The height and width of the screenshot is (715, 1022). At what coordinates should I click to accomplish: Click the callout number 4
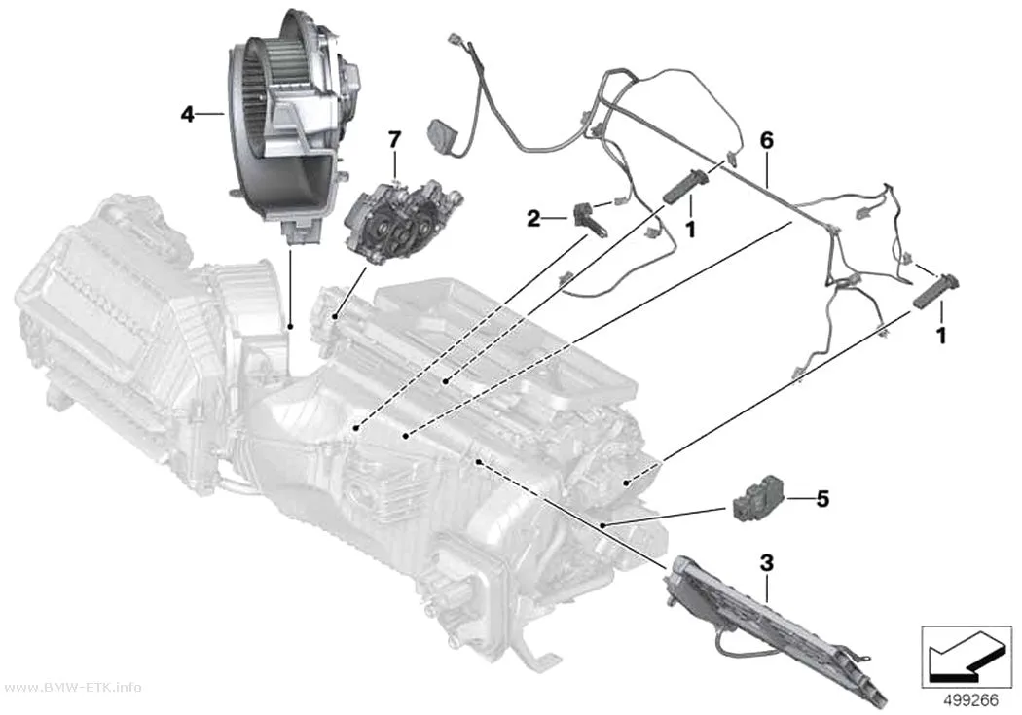(188, 115)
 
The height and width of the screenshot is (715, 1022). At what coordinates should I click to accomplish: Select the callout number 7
(394, 139)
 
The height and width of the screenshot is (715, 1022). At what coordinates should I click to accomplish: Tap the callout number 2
(533, 219)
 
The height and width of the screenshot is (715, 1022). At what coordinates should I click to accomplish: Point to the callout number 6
(767, 140)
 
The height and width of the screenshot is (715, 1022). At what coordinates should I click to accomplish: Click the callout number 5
(822, 499)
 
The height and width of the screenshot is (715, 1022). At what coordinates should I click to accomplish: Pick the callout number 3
(767, 562)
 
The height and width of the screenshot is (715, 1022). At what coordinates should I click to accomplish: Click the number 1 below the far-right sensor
(940, 336)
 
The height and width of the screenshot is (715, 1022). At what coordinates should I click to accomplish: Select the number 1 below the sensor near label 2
(690, 229)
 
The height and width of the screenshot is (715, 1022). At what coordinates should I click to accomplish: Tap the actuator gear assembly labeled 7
(401, 222)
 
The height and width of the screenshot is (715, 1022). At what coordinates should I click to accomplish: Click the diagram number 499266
(971, 700)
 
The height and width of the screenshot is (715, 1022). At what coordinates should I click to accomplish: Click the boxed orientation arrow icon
(967, 657)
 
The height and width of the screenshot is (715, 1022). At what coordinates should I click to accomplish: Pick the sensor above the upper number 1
(686, 185)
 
